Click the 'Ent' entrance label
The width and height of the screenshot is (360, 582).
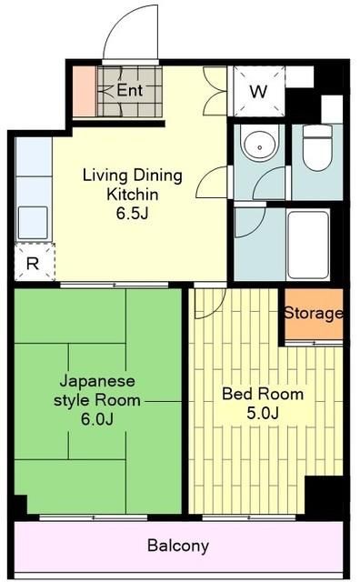pos(129,91)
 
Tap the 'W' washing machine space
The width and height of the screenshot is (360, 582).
pos(258,91)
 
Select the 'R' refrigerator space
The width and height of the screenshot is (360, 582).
pos(33,264)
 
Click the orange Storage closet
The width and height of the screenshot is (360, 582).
pos(313,314)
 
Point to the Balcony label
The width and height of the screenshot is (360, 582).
pos(178,547)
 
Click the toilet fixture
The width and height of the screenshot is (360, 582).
pos(317,148)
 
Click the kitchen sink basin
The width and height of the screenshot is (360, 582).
pos(33,222)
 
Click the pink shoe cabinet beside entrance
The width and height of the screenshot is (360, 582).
pos(84,92)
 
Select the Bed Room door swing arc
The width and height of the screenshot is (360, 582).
pos(208,304)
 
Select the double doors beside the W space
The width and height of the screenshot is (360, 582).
pos(215,91)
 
